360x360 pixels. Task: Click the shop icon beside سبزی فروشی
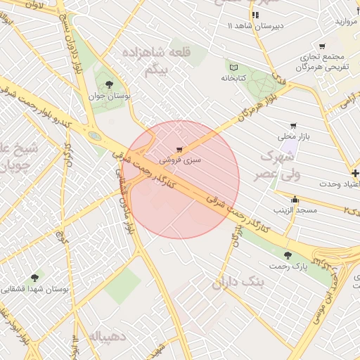[x=180, y=149]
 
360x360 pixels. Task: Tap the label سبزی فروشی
[x=180, y=160]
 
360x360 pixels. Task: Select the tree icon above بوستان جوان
[x=108, y=84]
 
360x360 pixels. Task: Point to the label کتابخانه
[x=234, y=78]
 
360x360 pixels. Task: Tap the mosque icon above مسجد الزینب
[x=295, y=199]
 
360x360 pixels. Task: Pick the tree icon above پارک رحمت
[x=287, y=255]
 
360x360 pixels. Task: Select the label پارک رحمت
[x=288, y=266]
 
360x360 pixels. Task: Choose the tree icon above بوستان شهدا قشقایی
[x=35, y=278]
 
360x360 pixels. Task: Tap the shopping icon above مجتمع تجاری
[x=322, y=45]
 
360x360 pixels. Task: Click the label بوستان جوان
[x=108, y=96]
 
